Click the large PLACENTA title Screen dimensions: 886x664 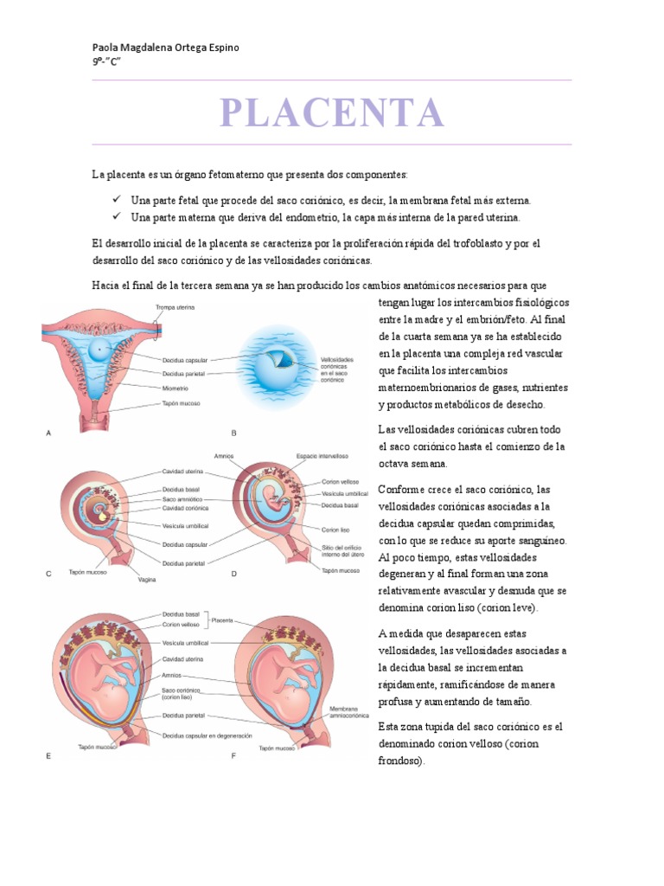332,112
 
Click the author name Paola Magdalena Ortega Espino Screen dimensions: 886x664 165,48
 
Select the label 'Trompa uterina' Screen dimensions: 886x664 175,307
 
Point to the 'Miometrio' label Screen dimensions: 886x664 177,388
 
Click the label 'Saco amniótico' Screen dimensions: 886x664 182,498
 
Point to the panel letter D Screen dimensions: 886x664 233,574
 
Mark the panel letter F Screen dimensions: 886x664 233,755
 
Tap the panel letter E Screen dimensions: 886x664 48,755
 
